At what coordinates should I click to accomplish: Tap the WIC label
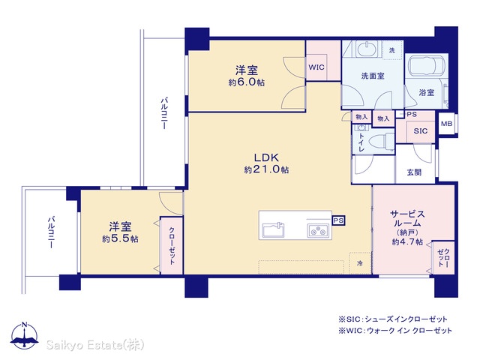pyautogui.click(x=316, y=67)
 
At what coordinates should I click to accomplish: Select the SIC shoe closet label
pyautogui.click(x=420, y=131)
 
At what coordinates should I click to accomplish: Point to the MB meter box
pyautogui.click(x=446, y=124)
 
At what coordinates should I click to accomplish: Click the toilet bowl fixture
pyautogui.click(x=381, y=142)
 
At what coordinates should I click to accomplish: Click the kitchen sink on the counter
pyautogui.click(x=273, y=229)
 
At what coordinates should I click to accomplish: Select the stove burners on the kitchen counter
pyautogui.click(x=318, y=230)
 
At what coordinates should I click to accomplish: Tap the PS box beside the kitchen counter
pyautogui.click(x=338, y=220)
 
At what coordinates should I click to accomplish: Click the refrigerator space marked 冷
pyautogui.click(x=360, y=263)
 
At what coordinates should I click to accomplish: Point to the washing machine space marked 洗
pyautogui.click(x=392, y=50)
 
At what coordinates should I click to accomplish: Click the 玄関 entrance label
pyautogui.click(x=414, y=172)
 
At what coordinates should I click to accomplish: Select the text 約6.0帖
pyautogui.click(x=247, y=82)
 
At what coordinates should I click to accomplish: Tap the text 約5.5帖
pyautogui.click(x=120, y=238)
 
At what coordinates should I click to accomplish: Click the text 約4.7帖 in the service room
pyautogui.click(x=407, y=241)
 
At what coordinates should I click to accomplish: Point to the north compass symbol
pyautogui.click(x=25, y=335)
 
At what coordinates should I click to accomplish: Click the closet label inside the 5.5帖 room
pyautogui.click(x=172, y=246)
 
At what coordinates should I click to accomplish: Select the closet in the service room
pyautogui.click(x=444, y=258)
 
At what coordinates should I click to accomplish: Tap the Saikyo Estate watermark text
pyautogui.click(x=95, y=345)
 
